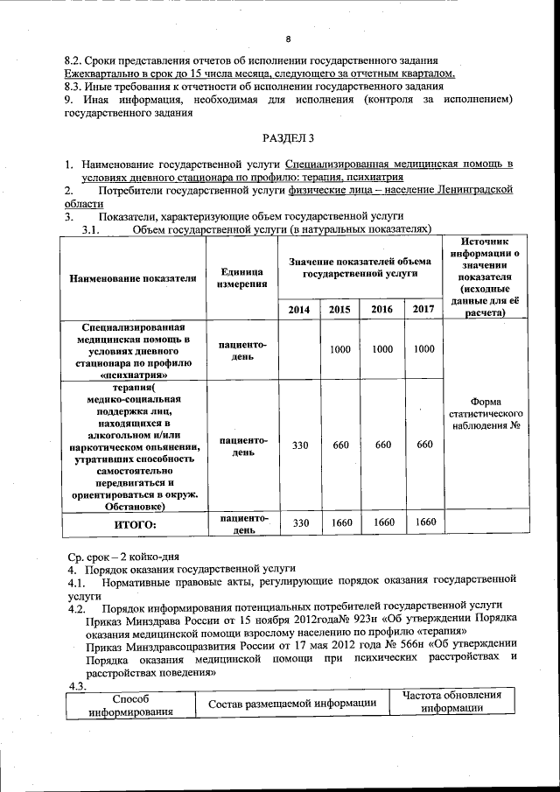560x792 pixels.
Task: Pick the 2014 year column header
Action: click(299, 309)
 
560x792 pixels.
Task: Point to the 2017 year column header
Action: click(423, 309)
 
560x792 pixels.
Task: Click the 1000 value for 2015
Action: click(340, 349)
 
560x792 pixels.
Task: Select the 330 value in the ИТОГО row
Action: click(299, 522)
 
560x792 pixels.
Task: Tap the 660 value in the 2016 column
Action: click(382, 445)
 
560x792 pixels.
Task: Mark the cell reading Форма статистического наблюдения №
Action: click(486, 411)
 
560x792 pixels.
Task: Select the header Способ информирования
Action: click(130, 705)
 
